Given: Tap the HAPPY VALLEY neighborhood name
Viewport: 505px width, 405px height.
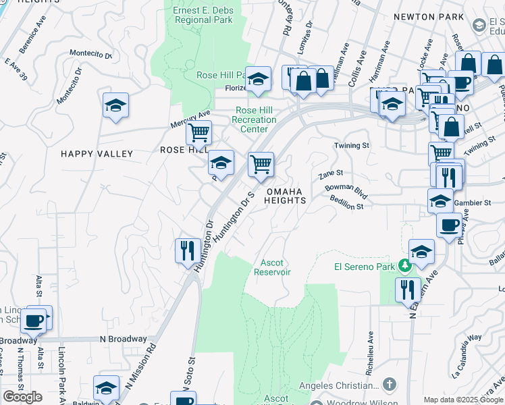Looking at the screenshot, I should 97,154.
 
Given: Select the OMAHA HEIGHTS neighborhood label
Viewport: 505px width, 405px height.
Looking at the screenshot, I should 285,196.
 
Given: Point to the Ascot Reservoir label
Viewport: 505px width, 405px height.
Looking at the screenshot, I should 272,267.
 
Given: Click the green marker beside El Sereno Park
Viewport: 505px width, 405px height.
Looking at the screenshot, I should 404,267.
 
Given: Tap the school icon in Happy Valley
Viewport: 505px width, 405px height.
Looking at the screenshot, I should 116,106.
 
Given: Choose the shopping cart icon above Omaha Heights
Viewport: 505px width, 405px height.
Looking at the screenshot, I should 261,164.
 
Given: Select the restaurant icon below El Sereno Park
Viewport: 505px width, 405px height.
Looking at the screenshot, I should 408,290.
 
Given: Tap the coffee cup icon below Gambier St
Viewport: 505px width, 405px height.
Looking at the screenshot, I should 449,225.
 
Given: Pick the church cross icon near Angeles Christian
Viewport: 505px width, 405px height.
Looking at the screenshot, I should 388,385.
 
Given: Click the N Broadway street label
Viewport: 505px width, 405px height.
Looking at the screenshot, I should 123,339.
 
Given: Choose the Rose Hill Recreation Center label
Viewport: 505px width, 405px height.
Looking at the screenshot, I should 254,119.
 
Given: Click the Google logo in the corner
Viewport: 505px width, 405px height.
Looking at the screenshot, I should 22,397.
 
